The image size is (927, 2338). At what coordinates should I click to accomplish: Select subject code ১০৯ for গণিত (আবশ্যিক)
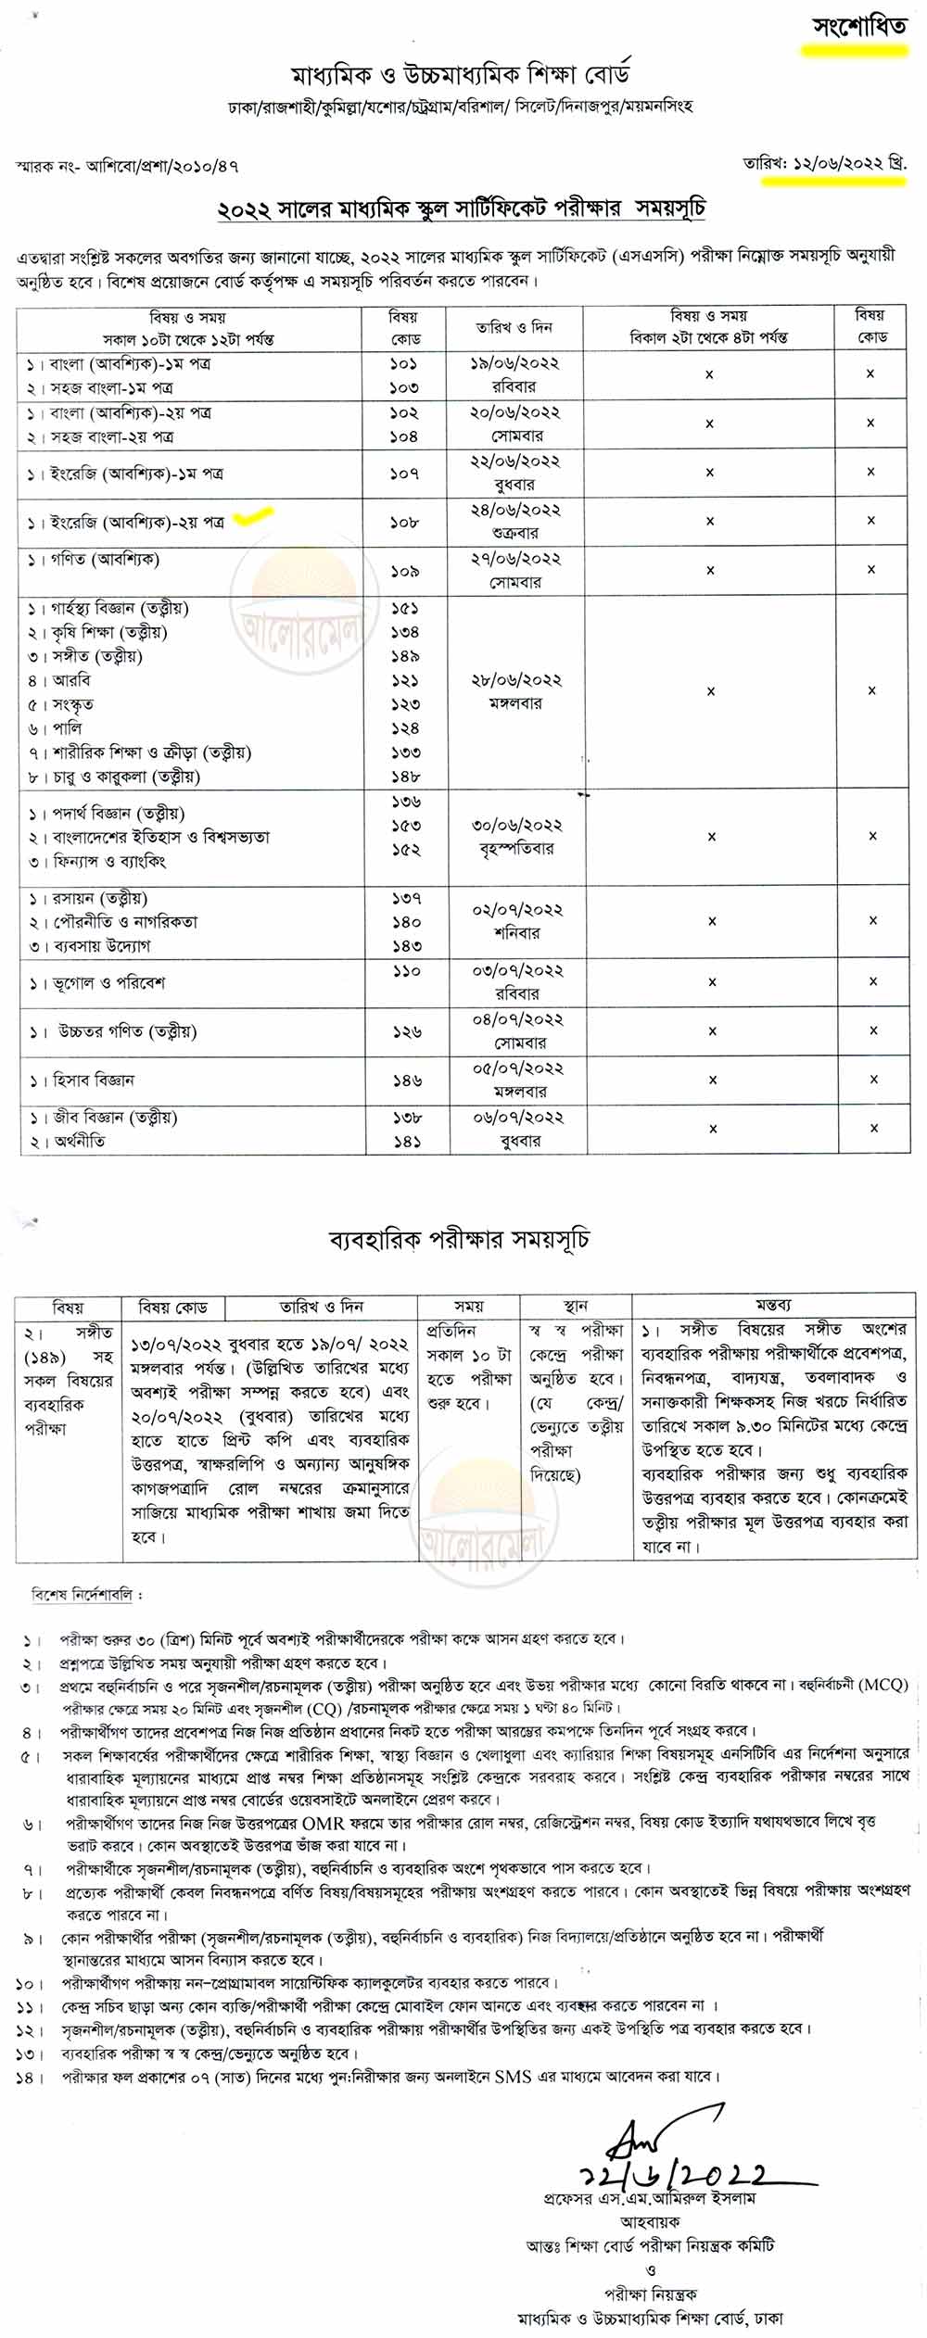click(404, 572)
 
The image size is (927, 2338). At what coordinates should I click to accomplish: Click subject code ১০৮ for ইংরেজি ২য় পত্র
click(404, 523)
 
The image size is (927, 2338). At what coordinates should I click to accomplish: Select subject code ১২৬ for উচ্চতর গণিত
click(405, 1031)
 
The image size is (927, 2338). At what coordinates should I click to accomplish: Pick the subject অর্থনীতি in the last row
click(78, 1143)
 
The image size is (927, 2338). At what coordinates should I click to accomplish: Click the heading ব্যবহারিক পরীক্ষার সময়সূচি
click(460, 1239)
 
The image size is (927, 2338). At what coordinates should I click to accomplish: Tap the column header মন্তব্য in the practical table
click(773, 1305)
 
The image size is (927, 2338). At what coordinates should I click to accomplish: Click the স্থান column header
click(576, 1307)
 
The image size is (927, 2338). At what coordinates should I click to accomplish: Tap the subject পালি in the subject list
click(73, 728)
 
